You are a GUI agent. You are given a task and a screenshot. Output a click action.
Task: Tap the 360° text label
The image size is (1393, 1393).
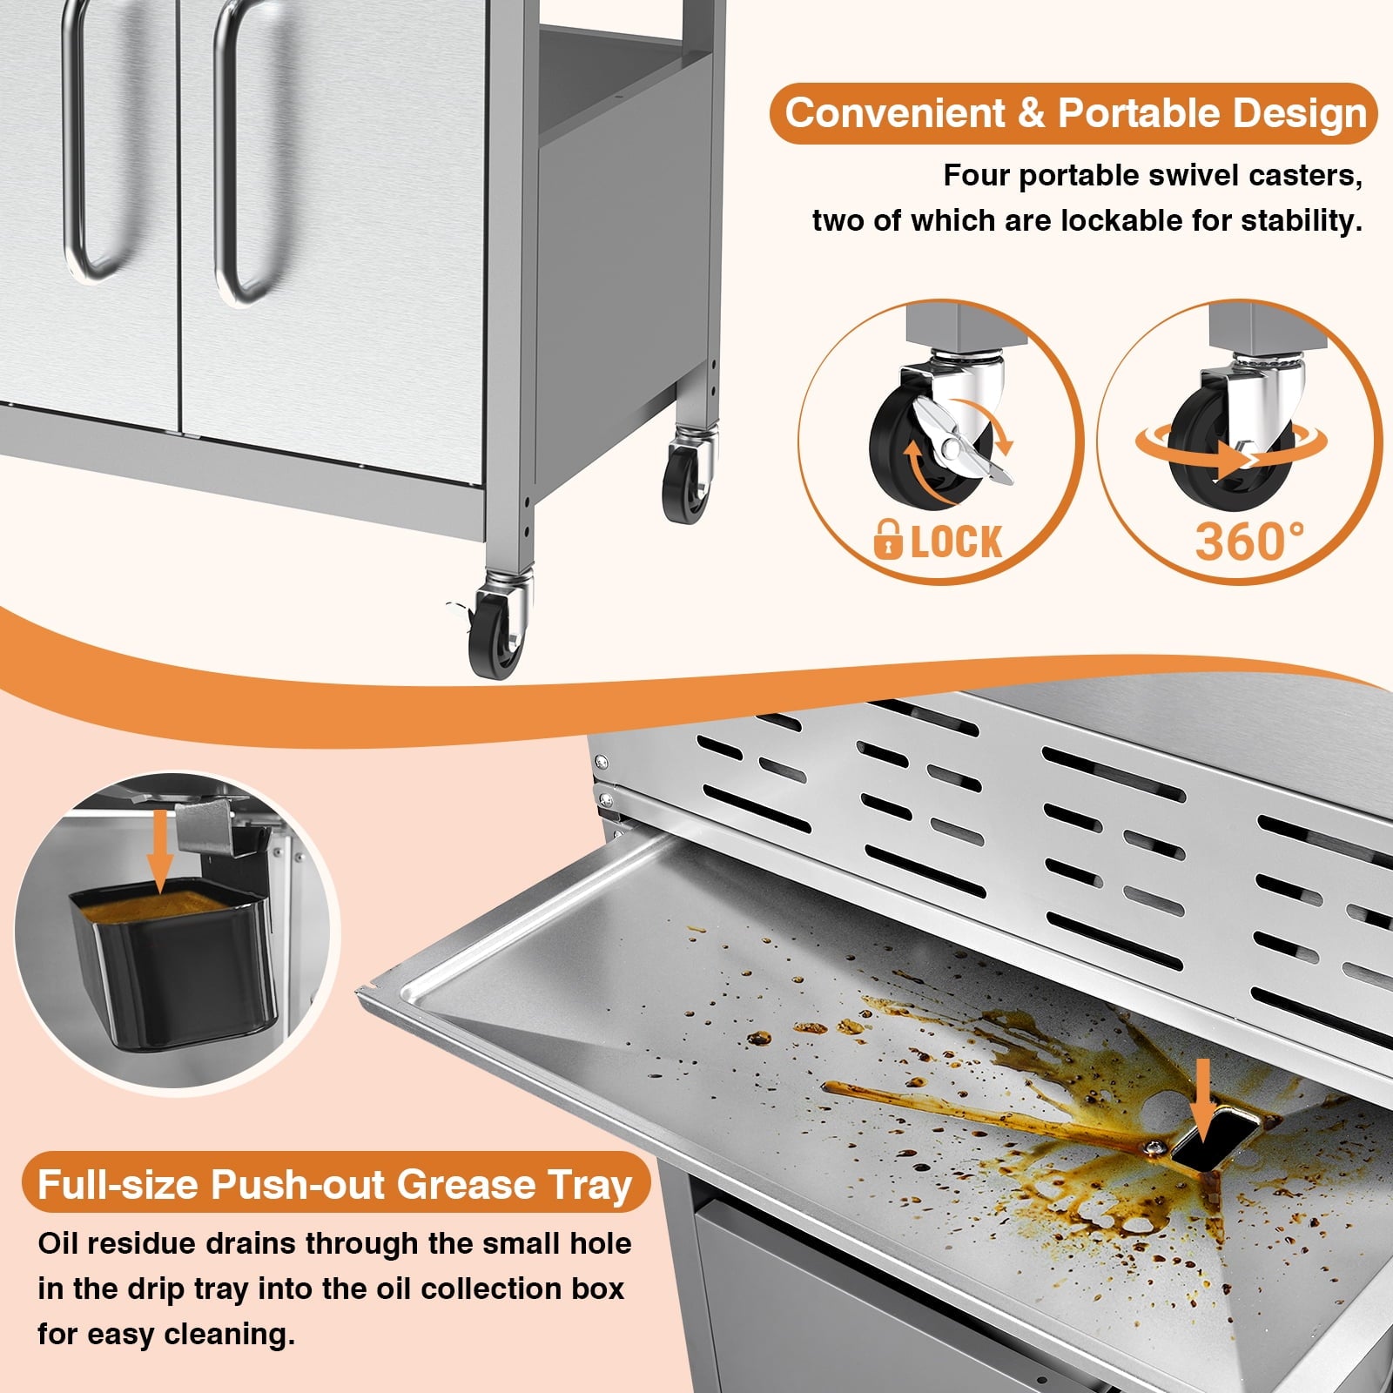click(1249, 541)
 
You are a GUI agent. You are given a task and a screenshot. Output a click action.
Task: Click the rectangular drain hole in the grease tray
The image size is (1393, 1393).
click(1215, 1141)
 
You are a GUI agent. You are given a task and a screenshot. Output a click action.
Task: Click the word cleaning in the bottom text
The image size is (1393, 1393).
click(230, 1335)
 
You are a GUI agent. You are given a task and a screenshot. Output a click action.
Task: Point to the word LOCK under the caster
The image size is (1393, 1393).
click(956, 542)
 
